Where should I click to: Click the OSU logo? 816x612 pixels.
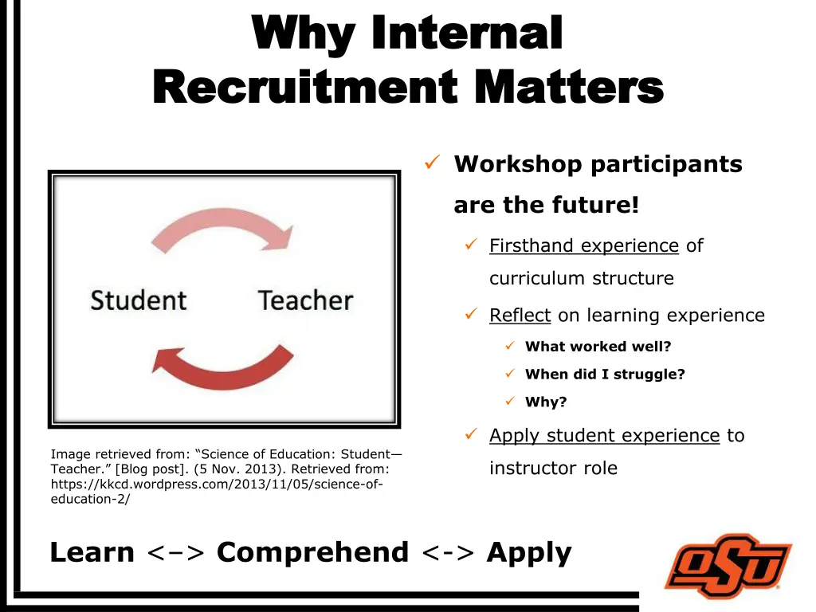tap(728, 566)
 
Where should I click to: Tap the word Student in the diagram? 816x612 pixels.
tap(138, 300)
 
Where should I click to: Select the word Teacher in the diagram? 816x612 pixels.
tap(305, 300)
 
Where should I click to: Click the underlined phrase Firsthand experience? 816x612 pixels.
tap(583, 245)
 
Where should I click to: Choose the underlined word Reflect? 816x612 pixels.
tap(520, 316)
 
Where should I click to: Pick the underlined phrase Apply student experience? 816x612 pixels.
tap(604, 435)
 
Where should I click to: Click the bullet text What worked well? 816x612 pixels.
tap(598, 347)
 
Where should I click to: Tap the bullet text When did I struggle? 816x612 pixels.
tap(605, 374)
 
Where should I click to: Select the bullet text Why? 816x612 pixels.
tap(546, 402)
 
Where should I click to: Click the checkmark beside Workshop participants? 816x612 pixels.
tap(431, 163)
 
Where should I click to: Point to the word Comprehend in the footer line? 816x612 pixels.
tap(312, 552)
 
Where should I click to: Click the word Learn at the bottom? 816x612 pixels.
tap(92, 552)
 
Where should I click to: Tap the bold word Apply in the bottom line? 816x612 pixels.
tap(529, 552)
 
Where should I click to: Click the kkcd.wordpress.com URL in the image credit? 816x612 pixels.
tap(216, 484)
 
